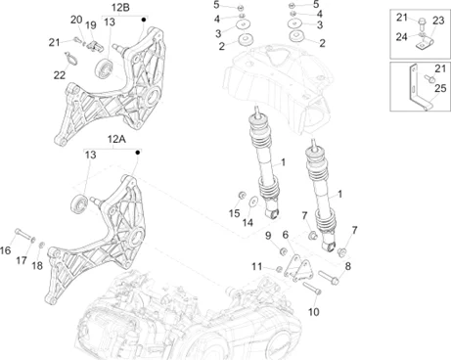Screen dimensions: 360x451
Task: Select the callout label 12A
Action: coord(115,140)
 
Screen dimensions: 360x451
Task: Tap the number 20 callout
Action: coord(75,20)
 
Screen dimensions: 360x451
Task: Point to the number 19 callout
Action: coord(90,24)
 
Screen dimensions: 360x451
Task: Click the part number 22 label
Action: coord(59,75)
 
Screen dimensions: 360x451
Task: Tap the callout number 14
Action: coord(248,223)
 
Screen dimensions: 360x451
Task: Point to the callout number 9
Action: coord(267,234)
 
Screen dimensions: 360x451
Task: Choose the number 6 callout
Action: coord(285,234)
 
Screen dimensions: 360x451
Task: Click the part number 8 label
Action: coord(346,265)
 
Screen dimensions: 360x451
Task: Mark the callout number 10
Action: coord(313,312)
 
